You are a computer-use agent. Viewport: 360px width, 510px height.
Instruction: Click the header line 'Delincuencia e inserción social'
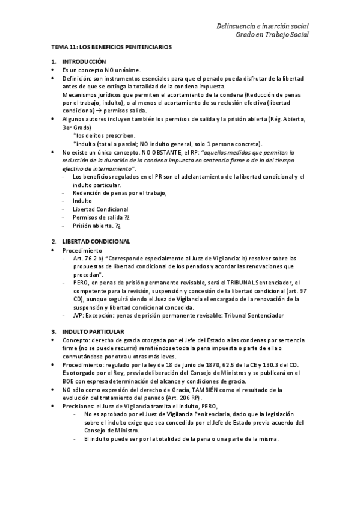click(263, 26)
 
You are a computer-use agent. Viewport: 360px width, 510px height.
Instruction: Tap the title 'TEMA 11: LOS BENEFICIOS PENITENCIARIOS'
click(111, 46)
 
